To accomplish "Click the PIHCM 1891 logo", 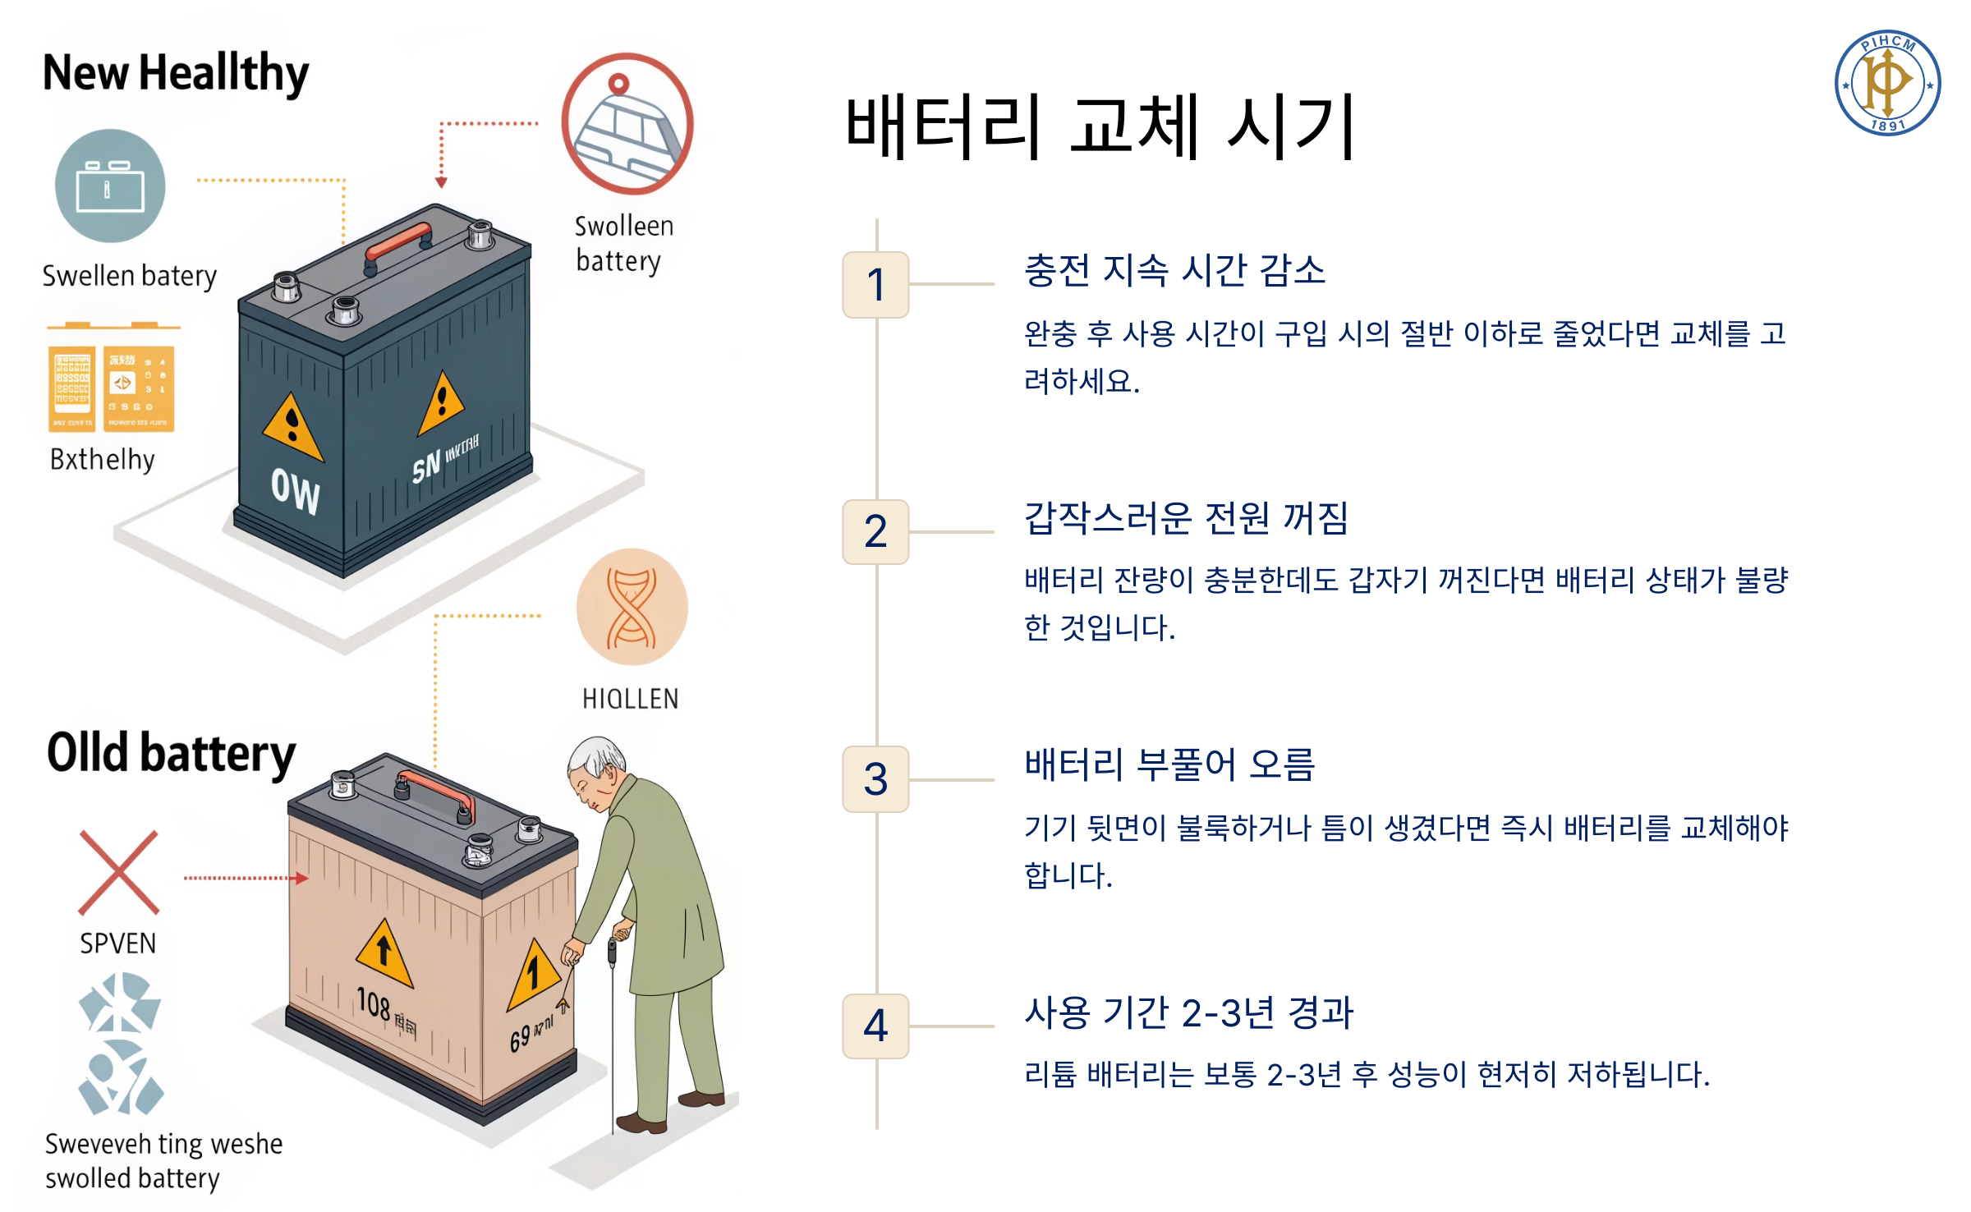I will coord(1886,83).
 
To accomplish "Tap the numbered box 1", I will coord(875,285).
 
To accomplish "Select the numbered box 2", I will coord(875,532).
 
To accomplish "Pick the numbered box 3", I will coord(875,779).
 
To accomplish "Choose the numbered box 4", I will coord(875,1026).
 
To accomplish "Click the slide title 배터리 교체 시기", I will coord(1100,127).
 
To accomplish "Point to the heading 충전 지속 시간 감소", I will coord(1174,270).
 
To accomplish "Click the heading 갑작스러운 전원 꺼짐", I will coord(1186,518).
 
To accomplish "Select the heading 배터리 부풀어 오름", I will coord(1169,765).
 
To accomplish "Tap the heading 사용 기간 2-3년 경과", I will coord(1188,1012).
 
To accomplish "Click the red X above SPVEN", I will coord(119,873).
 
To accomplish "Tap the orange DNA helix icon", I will coord(632,608).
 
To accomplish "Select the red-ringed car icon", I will coord(627,124).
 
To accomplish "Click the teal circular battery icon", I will coord(110,186).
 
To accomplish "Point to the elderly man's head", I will coord(596,768).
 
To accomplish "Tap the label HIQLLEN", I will coord(630,699).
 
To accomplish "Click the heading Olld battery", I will coord(171,753).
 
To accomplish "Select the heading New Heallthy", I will coord(176,73).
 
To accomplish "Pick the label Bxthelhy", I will coord(103,460).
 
